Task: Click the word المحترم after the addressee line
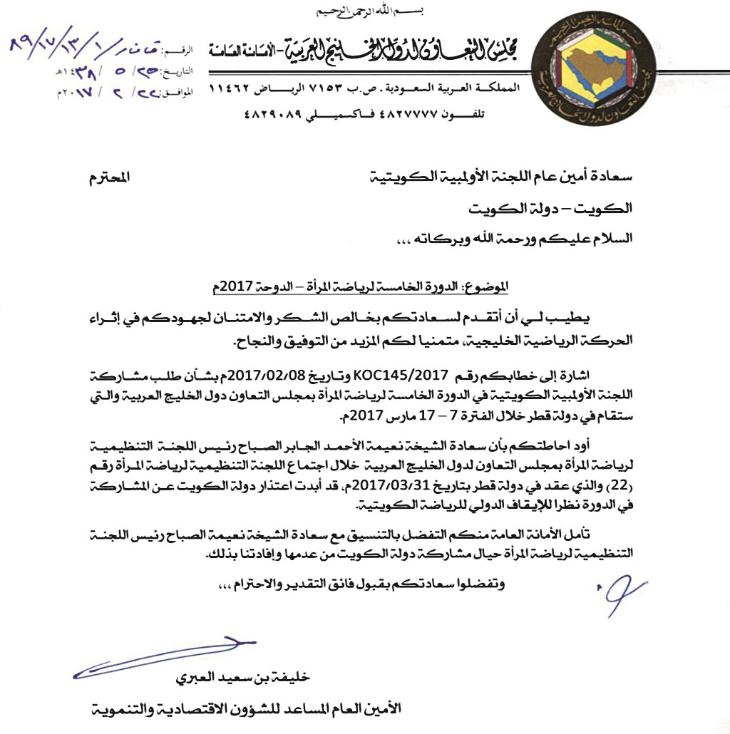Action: click(x=111, y=177)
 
